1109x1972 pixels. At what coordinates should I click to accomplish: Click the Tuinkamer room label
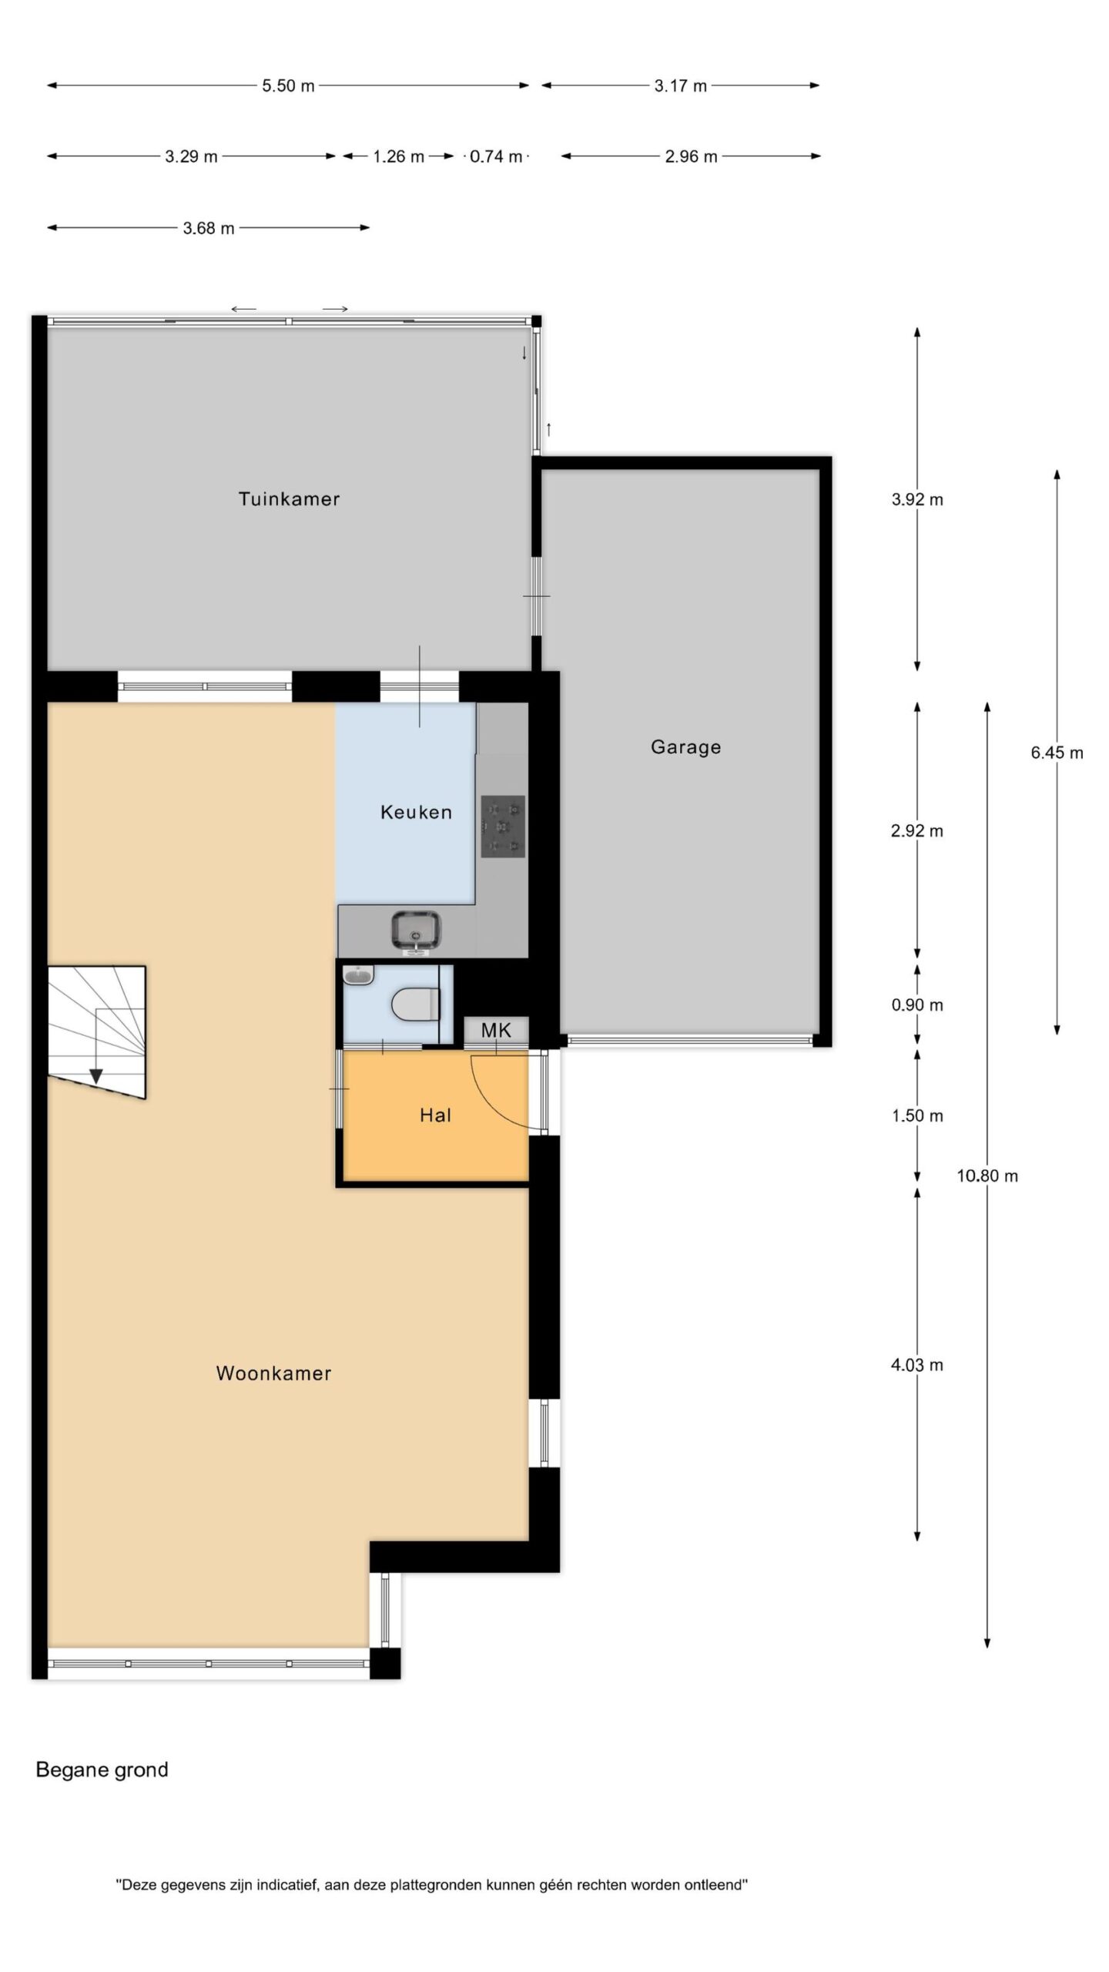289,498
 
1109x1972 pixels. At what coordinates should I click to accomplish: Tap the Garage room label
685,746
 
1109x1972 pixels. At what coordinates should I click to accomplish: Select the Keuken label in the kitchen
416,812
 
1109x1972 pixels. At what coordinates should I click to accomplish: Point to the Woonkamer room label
273,1373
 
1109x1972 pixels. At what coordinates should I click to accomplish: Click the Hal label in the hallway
435,1115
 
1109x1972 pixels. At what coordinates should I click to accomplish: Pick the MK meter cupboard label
496,1030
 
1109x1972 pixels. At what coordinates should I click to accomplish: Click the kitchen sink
416,931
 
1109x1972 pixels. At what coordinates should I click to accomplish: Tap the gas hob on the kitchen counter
503,827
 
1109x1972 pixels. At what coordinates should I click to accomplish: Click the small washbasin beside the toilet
358,976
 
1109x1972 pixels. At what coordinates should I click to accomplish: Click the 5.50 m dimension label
288,86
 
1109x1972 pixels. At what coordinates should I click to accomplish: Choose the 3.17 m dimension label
681,86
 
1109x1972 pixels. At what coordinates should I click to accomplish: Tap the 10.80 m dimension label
987,1175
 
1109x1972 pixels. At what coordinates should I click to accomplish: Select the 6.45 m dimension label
1057,753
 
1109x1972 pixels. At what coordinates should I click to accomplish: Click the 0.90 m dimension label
917,1004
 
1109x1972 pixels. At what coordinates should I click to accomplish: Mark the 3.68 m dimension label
209,228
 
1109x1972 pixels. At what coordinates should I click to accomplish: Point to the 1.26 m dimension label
399,156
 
